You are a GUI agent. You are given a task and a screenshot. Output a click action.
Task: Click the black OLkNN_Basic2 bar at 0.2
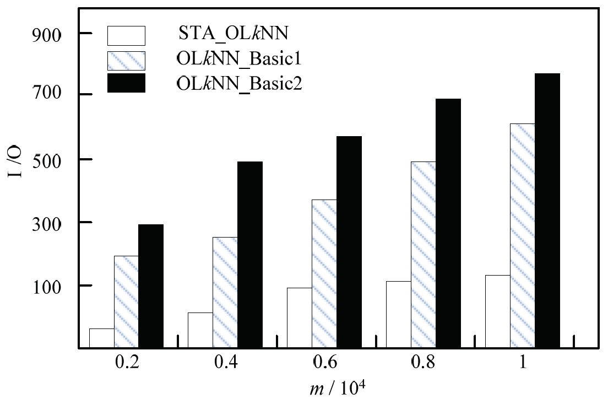click(x=151, y=286)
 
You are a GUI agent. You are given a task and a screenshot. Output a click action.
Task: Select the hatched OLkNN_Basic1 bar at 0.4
click(x=225, y=293)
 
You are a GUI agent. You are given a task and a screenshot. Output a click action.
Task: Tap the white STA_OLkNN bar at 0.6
click(x=300, y=318)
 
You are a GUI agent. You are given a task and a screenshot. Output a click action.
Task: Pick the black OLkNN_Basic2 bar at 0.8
click(x=448, y=223)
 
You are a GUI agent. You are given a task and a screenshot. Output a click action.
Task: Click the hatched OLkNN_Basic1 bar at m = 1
click(x=522, y=236)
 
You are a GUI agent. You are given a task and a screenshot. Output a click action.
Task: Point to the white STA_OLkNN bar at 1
click(x=497, y=311)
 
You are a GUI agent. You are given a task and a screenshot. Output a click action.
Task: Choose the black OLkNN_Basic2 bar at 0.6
click(x=349, y=242)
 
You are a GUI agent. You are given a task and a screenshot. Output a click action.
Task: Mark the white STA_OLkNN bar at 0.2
click(x=102, y=338)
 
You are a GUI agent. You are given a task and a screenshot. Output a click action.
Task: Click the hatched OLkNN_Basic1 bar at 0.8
click(x=423, y=255)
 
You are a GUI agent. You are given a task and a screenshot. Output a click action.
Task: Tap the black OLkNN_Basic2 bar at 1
click(x=547, y=211)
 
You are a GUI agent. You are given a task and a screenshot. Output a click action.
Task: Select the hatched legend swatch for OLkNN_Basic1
click(x=126, y=60)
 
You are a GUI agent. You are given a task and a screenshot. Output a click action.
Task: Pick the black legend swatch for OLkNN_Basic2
click(x=126, y=83)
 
